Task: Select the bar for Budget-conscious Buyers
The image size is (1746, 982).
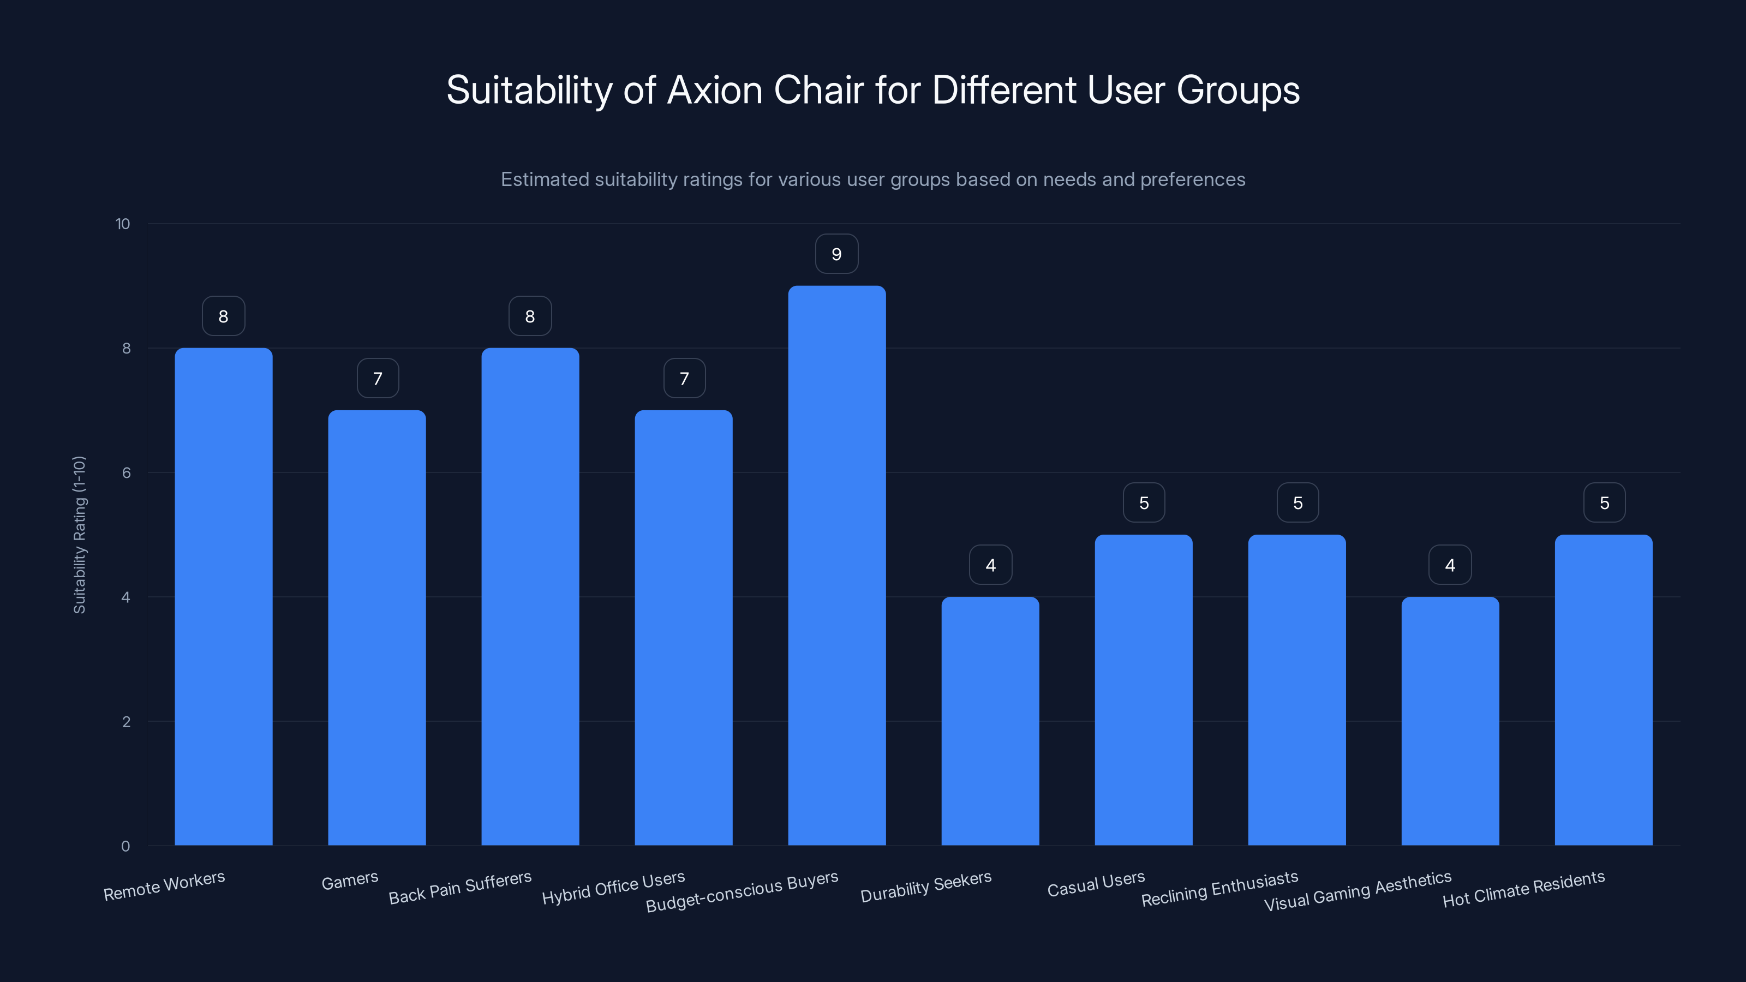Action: point(836,566)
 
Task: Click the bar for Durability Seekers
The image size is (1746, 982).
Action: point(990,721)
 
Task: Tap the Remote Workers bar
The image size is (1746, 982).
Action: point(223,596)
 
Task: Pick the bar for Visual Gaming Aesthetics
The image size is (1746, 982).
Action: point(1450,721)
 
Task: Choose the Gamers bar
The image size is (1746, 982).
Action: point(377,627)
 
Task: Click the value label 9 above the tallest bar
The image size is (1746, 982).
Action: point(836,254)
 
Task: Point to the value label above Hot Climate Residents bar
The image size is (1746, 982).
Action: point(1604,503)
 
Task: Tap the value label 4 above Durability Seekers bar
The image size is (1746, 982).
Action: point(990,565)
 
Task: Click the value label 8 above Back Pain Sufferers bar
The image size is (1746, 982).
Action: point(530,316)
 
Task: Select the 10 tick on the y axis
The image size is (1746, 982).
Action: point(123,224)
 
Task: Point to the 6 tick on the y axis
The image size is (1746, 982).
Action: point(126,473)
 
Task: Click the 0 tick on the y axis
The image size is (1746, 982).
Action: point(125,846)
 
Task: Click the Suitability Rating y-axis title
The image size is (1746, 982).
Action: point(79,535)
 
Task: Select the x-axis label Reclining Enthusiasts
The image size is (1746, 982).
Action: point(1219,889)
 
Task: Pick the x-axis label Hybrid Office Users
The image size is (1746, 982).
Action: point(613,888)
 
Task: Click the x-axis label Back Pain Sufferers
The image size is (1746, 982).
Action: point(459,888)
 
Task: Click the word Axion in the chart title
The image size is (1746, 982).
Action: point(715,90)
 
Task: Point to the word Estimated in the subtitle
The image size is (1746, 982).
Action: point(545,179)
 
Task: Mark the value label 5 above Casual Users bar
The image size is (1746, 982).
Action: point(1144,503)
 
